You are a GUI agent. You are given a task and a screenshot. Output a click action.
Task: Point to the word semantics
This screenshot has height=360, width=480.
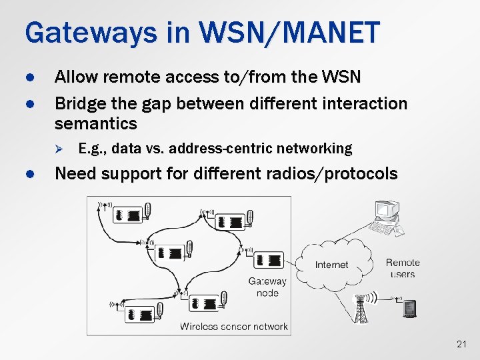pos(95,123)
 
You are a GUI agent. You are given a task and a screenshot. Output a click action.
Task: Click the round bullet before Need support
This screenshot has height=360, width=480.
pos(29,175)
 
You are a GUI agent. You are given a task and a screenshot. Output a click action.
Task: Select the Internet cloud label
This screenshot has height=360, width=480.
pos(331,265)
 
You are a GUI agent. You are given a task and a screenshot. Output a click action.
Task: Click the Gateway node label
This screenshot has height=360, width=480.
pos(267,287)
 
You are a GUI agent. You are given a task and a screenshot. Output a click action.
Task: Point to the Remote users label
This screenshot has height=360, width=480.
pos(403,268)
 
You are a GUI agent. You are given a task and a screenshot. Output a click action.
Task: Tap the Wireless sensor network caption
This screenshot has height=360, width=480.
pos(234,326)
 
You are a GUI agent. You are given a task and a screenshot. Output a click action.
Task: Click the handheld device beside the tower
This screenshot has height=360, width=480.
pos(409,309)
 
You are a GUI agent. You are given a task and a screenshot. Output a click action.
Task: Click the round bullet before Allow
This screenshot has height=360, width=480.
pos(29,77)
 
